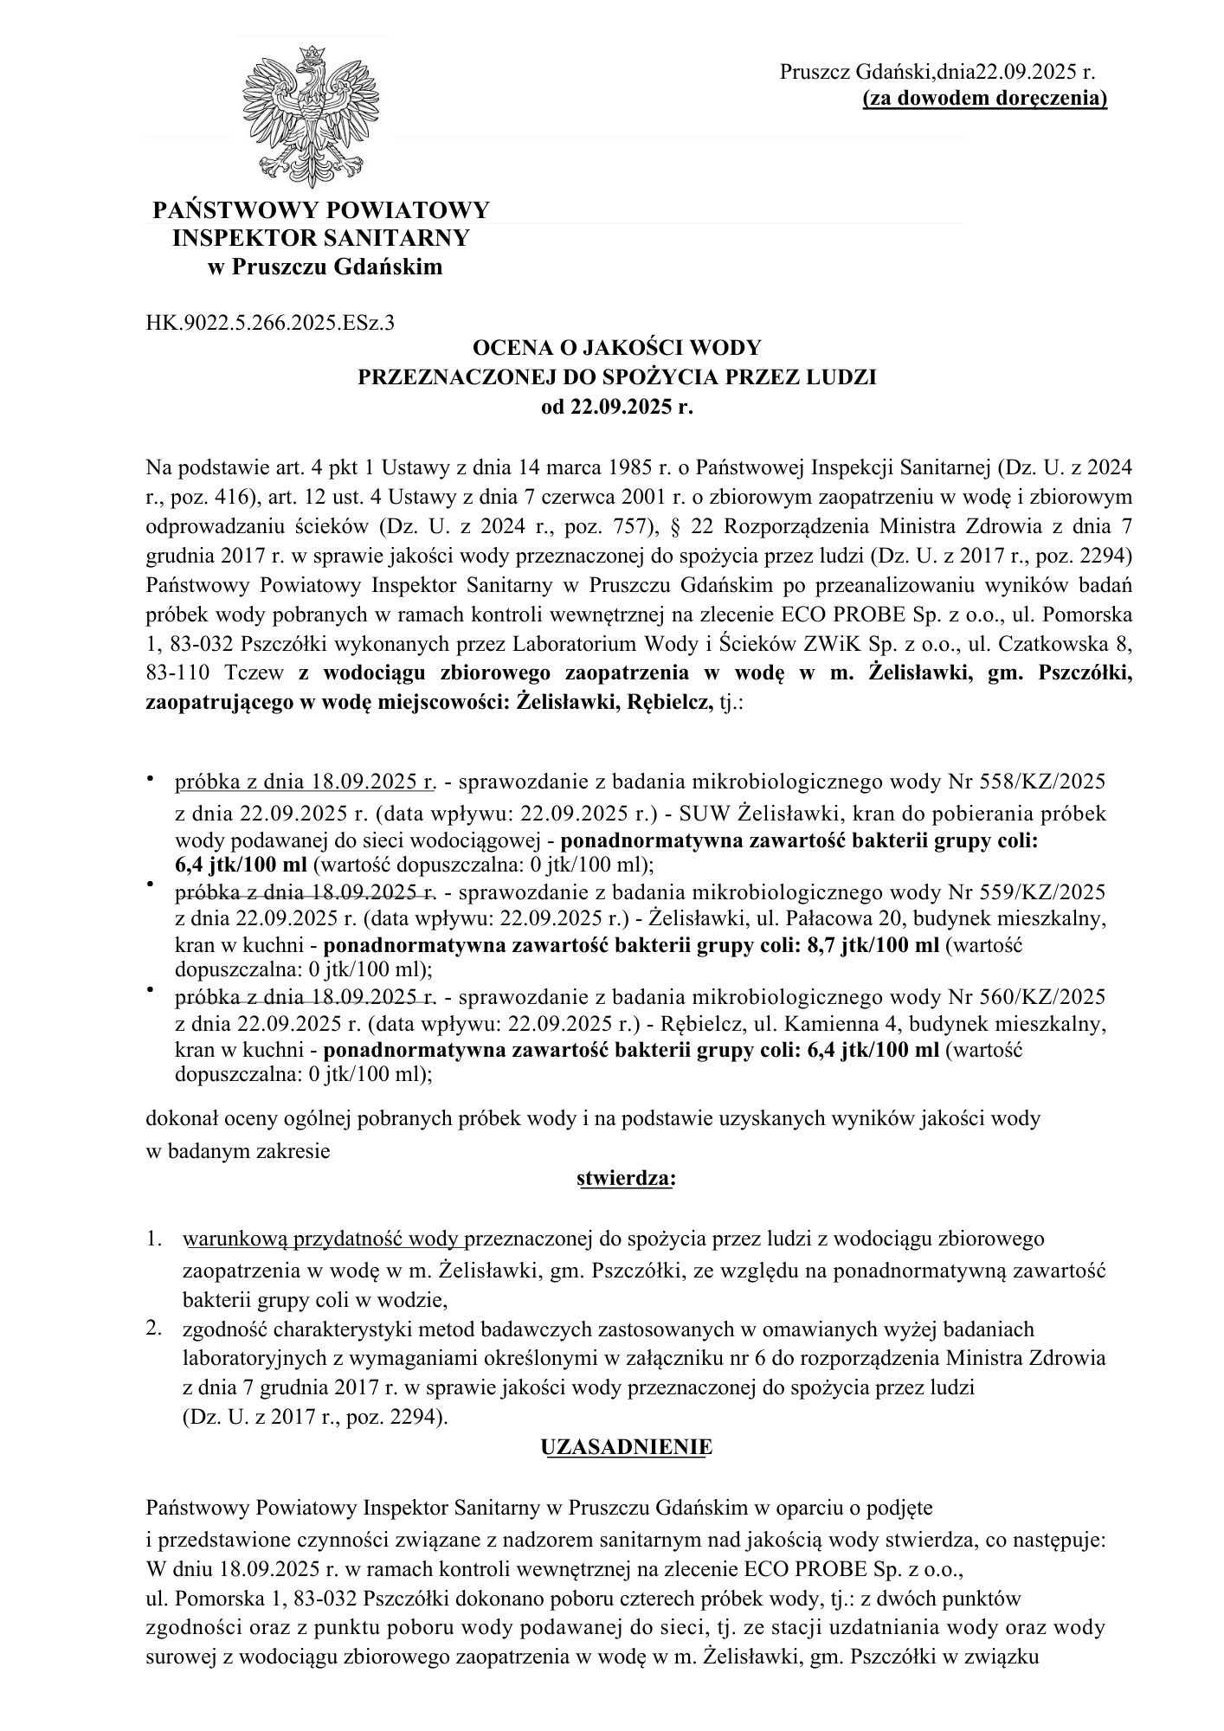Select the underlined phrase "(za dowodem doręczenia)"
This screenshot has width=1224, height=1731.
click(985, 99)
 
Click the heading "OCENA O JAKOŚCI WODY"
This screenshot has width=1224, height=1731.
click(616, 348)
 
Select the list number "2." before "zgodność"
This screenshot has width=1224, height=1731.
click(157, 1329)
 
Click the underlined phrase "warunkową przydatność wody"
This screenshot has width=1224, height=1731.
click(324, 1239)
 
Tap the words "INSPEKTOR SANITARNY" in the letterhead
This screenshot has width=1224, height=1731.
click(321, 238)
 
